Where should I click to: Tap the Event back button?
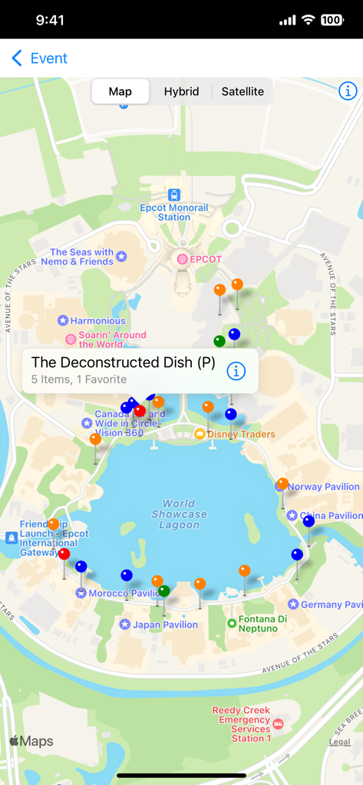[x=40, y=58]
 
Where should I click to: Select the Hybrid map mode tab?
[x=181, y=91]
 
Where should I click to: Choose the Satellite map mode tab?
[x=243, y=91]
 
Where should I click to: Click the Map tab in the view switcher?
[x=120, y=91]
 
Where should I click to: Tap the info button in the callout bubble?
[x=236, y=371]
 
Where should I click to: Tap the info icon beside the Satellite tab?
[x=348, y=90]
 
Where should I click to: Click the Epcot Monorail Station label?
[x=174, y=212]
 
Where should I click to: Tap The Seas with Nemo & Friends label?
[x=82, y=257]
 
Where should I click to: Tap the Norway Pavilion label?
[x=323, y=487]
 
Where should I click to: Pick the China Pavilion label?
[x=331, y=516]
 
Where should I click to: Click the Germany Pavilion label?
[x=331, y=604]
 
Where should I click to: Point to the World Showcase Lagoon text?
[x=179, y=514]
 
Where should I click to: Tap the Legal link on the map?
[x=339, y=741]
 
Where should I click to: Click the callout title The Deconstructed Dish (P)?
[x=123, y=363]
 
